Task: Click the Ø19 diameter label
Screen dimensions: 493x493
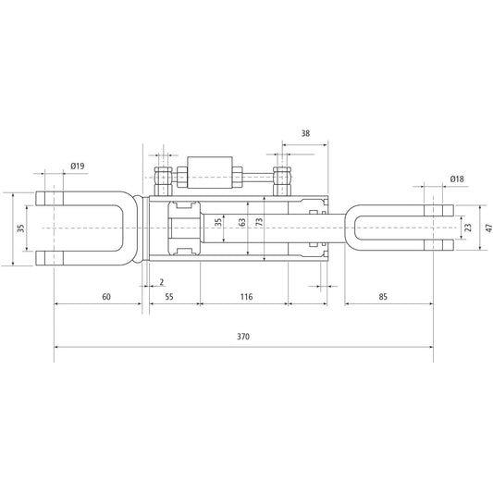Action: pyautogui.click(x=77, y=166)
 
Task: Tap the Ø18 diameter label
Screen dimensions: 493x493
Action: pyautogui.click(x=456, y=178)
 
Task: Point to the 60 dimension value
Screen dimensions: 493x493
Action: pyautogui.click(x=105, y=297)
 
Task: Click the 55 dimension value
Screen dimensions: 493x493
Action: pyautogui.click(x=168, y=297)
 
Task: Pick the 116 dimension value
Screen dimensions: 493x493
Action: pyautogui.click(x=245, y=297)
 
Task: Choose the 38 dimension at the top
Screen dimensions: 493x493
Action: pyautogui.click(x=306, y=133)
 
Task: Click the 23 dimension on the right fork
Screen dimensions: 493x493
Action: pyautogui.click(x=468, y=228)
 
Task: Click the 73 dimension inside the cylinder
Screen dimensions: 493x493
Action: pyautogui.click(x=260, y=223)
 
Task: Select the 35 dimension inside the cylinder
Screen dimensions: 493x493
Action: pyautogui.click(x=218, y=223)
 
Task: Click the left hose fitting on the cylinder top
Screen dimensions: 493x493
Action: pyautogui.click(x=163, y=176)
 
